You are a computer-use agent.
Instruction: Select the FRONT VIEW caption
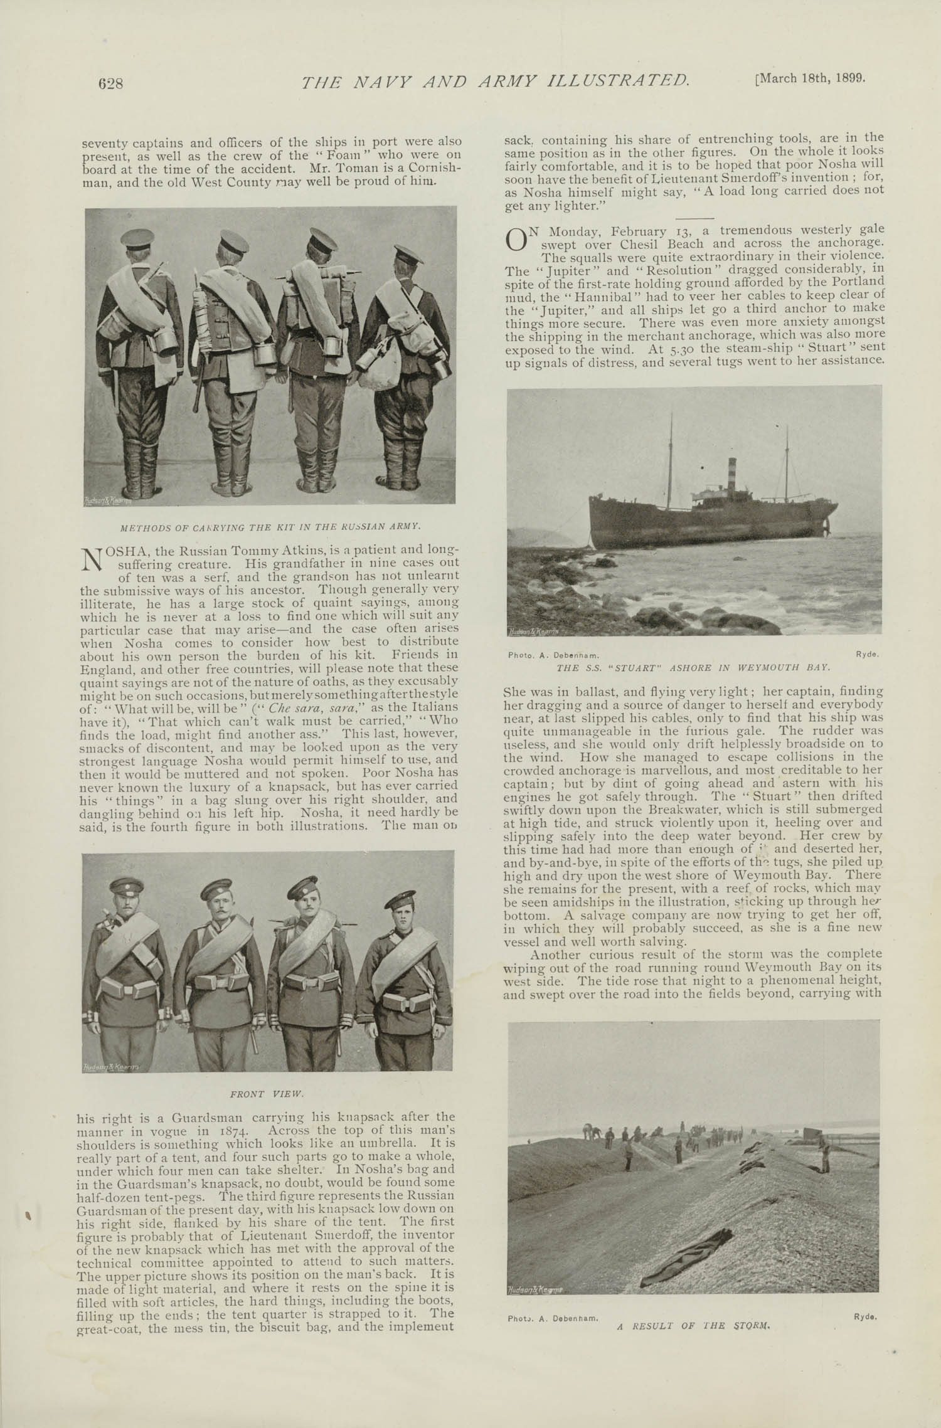(267, 1092)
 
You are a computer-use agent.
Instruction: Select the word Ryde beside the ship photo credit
(867, 654)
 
